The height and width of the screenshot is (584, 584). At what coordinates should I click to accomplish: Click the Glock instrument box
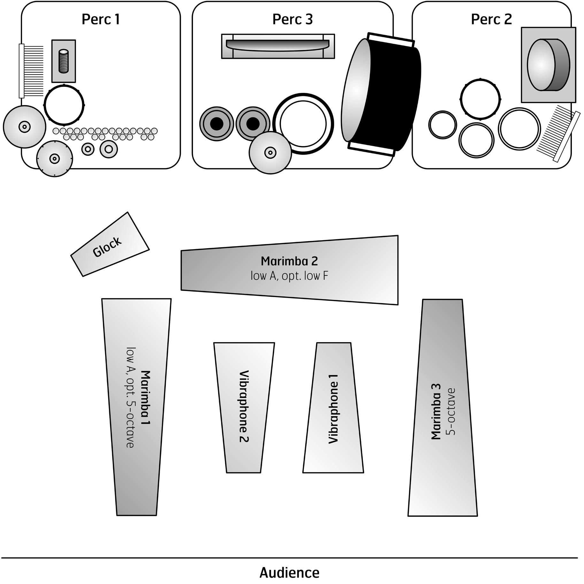point(110,244)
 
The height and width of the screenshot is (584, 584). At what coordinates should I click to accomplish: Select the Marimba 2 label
point(289,261)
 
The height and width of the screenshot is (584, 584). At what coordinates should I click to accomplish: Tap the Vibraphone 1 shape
point(333,408)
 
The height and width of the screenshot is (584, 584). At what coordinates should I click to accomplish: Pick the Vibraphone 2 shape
point(244,408)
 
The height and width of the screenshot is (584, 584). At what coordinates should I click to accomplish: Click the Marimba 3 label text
point(436,411)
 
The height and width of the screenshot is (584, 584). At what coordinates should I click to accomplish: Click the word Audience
point(289,573)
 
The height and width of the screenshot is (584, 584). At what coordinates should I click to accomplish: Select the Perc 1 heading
point(101,19)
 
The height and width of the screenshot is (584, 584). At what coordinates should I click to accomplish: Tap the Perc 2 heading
point(491,19)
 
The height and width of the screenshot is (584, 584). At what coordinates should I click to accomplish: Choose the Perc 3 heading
point(293,19)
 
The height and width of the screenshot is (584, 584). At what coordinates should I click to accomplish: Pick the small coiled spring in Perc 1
point(64,61)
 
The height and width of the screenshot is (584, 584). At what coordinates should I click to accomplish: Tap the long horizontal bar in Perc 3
point(278,46)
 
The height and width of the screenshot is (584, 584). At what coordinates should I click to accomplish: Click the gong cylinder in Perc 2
point(548,65)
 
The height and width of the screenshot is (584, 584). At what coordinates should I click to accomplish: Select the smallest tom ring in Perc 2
point(442,125)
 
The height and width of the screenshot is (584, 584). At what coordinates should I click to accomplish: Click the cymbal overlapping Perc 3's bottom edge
point(270,153)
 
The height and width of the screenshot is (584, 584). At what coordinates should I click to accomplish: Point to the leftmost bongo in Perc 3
point(217,124)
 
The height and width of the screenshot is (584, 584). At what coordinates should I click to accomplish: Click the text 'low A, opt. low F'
point(289,276)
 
